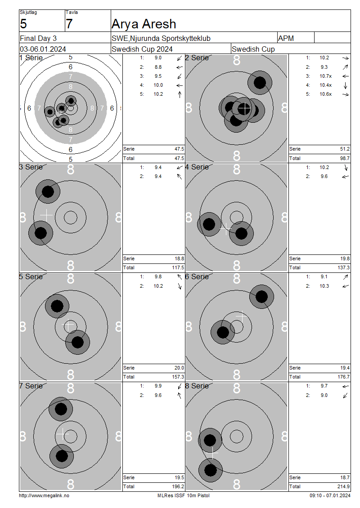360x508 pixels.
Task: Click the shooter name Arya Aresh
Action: point(144,24)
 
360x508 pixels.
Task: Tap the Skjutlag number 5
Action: point(23,24)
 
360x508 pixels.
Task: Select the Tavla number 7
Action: point(69,24)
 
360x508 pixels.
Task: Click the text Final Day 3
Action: point(38,38)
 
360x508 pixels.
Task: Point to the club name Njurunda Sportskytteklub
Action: point(170,38)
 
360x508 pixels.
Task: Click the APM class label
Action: point(286,38)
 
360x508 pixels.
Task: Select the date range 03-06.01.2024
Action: point(43,49)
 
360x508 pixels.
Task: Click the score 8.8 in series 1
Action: point(158,67)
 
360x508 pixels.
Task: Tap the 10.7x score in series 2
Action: point(325,76)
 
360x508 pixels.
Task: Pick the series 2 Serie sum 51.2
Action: point(345,149)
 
